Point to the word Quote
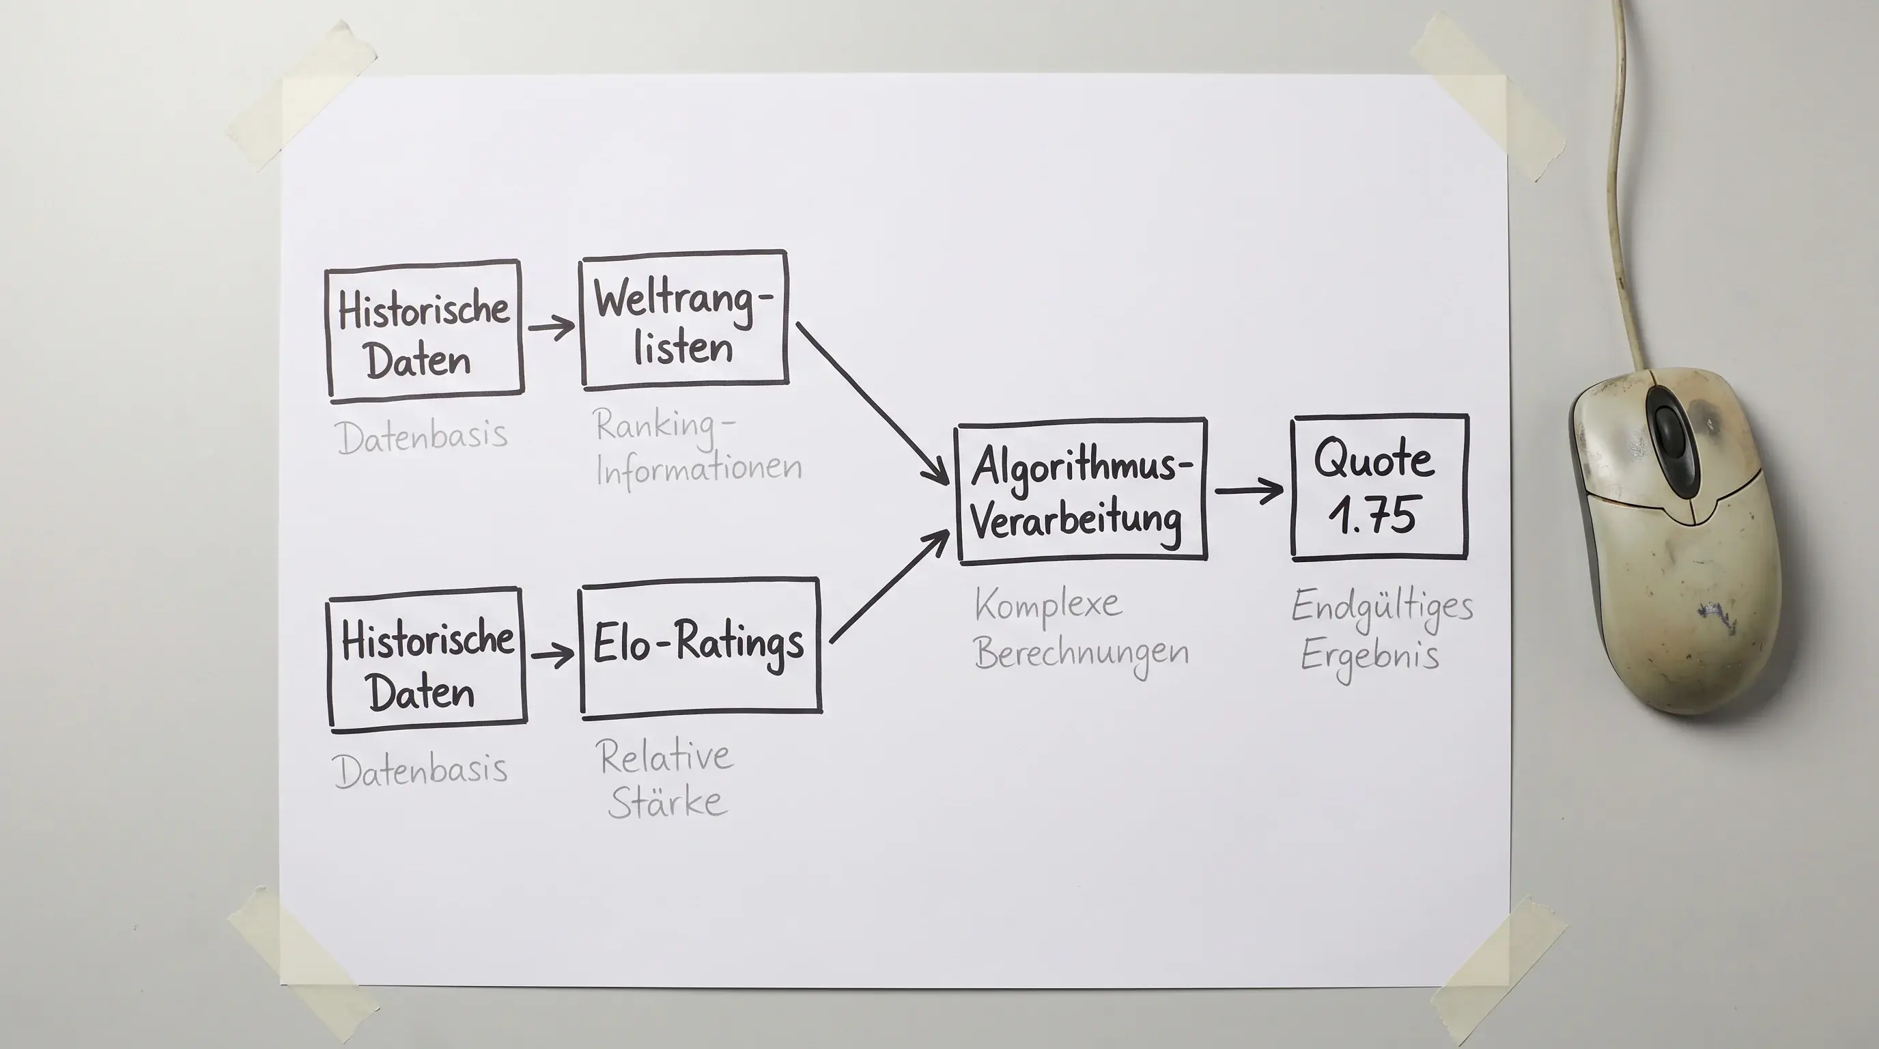coord(1374,460)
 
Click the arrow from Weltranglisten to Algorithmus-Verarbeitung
coord(873,403)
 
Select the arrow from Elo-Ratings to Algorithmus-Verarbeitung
coord(890,587)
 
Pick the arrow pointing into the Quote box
coord(1249,491)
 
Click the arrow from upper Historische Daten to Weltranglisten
coord(552,327)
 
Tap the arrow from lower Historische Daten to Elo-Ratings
coord(553,654)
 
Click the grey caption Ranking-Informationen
coord(698,447)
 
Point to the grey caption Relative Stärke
coord(665,779)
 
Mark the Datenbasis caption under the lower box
coord(420,770)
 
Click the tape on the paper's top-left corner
coord(302,96)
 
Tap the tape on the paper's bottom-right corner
coord(1501,973)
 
